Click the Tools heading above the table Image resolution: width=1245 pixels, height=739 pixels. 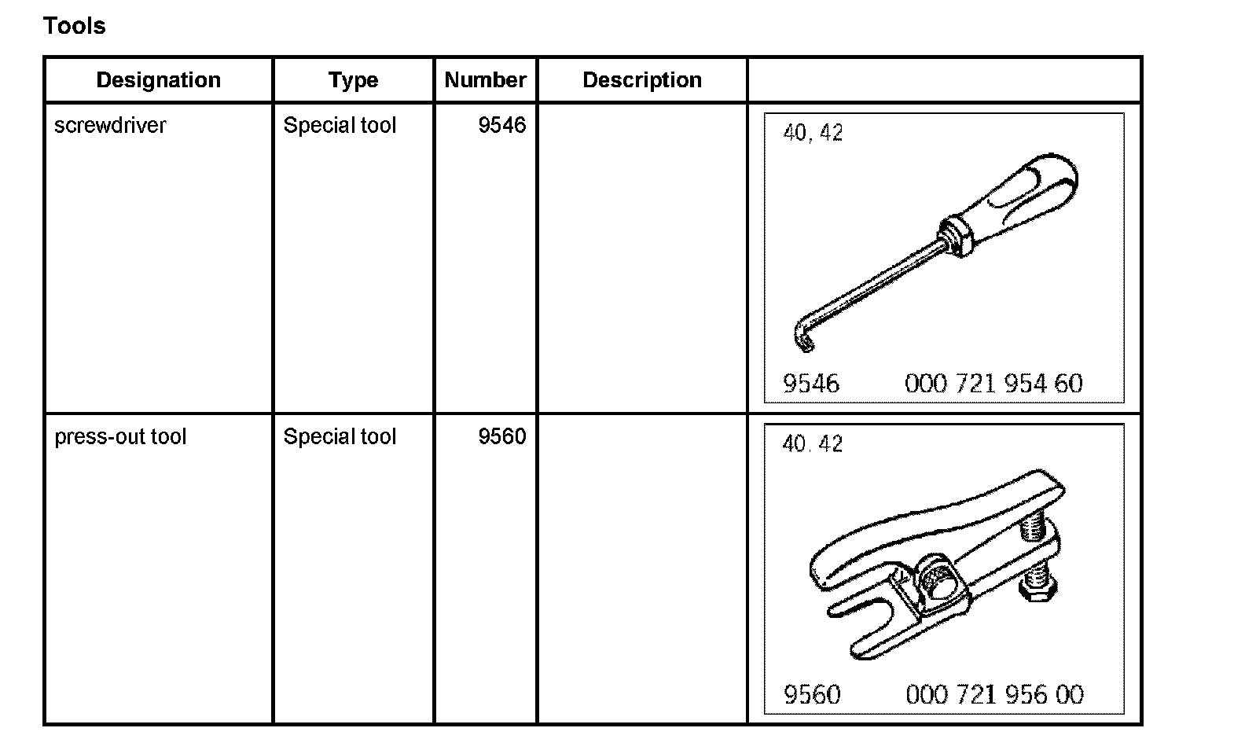pos(75,26)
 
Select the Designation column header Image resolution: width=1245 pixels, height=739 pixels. pos(158,80)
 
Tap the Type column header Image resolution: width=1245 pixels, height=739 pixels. pos(353,80)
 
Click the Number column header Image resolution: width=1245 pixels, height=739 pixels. pos(485,80)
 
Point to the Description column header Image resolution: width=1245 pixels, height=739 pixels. pos(642,80)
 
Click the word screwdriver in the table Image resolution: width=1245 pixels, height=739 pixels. pos(110,126)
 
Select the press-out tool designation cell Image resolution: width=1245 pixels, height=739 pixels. pos(120,437)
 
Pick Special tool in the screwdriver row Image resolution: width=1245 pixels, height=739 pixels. pos(340,126)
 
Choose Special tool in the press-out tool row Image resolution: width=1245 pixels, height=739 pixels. pos(340,437)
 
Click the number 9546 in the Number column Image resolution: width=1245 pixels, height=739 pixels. pos(501,126)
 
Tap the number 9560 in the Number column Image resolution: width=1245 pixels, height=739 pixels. pos(501,437)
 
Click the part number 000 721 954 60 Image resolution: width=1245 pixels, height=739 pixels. pos(993,384)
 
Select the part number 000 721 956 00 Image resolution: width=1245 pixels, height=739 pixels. pos(994,695)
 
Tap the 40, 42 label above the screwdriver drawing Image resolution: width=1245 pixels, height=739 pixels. pos(813,133)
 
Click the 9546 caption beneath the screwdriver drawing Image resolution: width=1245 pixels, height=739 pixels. pos(811,384)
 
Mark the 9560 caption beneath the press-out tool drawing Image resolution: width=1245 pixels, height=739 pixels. pos(812,695)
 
